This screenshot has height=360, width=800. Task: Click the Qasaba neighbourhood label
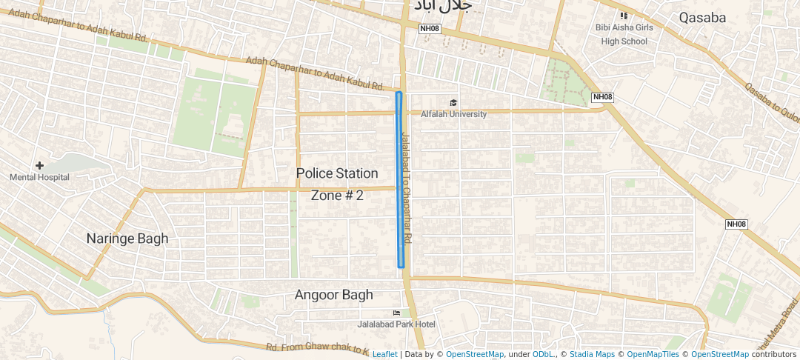pos(702,18)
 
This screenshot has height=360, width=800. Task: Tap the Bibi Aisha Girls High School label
pos(624,34)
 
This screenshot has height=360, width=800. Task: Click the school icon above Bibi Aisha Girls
pos(624,15)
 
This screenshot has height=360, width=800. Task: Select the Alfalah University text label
pos(453,114)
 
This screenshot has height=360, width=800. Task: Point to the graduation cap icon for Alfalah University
pos(453,103)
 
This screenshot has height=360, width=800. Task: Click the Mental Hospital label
pos(39,177)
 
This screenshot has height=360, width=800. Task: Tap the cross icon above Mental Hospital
pos(39,165)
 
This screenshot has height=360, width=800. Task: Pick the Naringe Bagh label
pos(127,239)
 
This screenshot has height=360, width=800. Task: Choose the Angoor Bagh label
pos(333,295)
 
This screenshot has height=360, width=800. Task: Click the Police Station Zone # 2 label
pos(337,184)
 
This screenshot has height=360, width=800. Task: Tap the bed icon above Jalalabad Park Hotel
pos(396,313)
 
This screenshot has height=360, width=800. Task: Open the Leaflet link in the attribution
pos(384,354)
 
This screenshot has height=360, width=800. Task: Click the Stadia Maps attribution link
pos(592,354)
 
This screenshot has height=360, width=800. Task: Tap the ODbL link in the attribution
pos(544,354)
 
